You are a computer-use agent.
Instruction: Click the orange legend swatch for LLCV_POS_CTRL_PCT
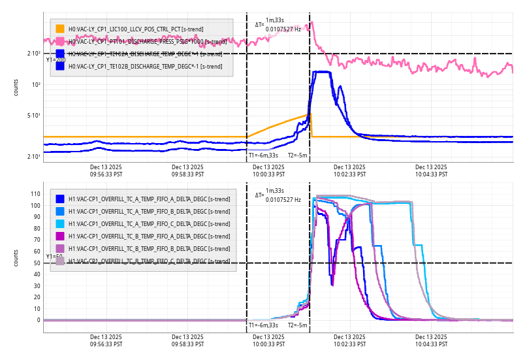[x=60, y=29]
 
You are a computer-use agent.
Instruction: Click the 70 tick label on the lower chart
[x=37, y=240]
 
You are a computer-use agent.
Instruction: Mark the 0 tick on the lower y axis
[x=38, y=320]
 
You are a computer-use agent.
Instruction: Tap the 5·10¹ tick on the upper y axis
[x=33, y=116]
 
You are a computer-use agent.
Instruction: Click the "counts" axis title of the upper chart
[x=16, y=87]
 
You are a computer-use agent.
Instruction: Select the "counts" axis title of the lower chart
[x=16, y=257]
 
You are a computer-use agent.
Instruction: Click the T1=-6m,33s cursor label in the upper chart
[x=263, y=155]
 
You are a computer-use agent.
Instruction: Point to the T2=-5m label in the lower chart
[x=298, y=325]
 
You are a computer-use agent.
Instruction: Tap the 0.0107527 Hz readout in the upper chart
[x=283, y=29]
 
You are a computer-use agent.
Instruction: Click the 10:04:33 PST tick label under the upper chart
[x=432, y=171]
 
